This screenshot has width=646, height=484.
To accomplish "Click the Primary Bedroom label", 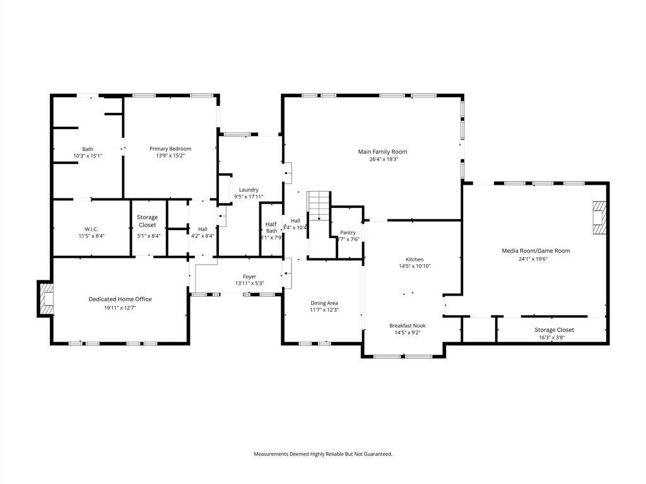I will tap(170, 149).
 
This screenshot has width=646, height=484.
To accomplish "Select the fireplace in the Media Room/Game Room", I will tap(599, 217).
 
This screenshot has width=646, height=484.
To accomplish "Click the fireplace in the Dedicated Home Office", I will tap(46, 299).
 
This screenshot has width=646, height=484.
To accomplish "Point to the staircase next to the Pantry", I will tap(319, 206).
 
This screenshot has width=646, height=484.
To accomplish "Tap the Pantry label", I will tap(348, 233).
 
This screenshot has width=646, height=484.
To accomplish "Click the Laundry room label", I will tap(248, 190).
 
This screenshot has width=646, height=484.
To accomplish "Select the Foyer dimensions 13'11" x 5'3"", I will tap(249, 283).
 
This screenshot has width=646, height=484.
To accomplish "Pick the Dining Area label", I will tap(324, 302).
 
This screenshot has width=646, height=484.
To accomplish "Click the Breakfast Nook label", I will tap(407, 325).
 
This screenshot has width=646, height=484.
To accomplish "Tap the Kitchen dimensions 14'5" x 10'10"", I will tap(414, 266).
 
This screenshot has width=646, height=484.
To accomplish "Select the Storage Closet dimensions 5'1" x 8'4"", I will tap(148, 236).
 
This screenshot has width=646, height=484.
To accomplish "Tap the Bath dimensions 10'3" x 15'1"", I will tap(88, 156).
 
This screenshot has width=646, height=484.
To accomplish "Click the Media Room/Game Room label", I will tap(536, 251).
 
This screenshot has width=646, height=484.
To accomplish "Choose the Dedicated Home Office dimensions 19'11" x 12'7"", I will tap(120, 308).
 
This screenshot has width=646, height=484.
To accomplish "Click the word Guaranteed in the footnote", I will tap(375, 454).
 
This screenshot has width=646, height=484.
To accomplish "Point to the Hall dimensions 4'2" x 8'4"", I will tap(203, 236).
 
